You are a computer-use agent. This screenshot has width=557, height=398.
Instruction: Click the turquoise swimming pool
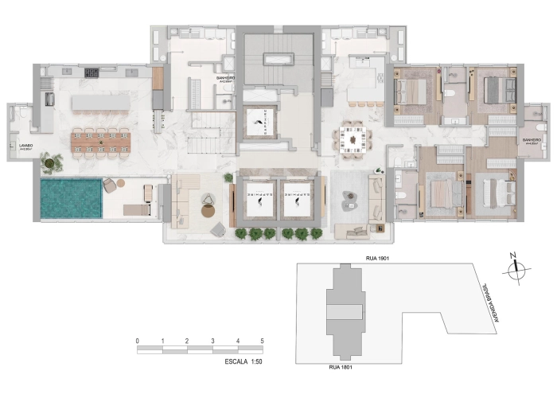point(71,199)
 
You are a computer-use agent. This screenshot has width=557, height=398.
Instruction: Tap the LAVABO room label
point(18,146)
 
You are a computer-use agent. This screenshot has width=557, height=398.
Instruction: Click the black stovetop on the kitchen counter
point(91,73)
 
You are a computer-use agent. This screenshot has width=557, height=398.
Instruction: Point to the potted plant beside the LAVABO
point(50,163)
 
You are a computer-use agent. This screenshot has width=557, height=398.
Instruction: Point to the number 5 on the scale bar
point(262,340)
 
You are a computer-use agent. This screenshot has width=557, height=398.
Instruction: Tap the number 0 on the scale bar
point(138,340)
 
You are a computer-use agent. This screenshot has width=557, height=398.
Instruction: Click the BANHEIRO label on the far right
point(532,141)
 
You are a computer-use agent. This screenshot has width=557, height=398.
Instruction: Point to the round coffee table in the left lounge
point(209,211)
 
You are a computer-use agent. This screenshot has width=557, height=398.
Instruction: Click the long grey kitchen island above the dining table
point(100,103)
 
